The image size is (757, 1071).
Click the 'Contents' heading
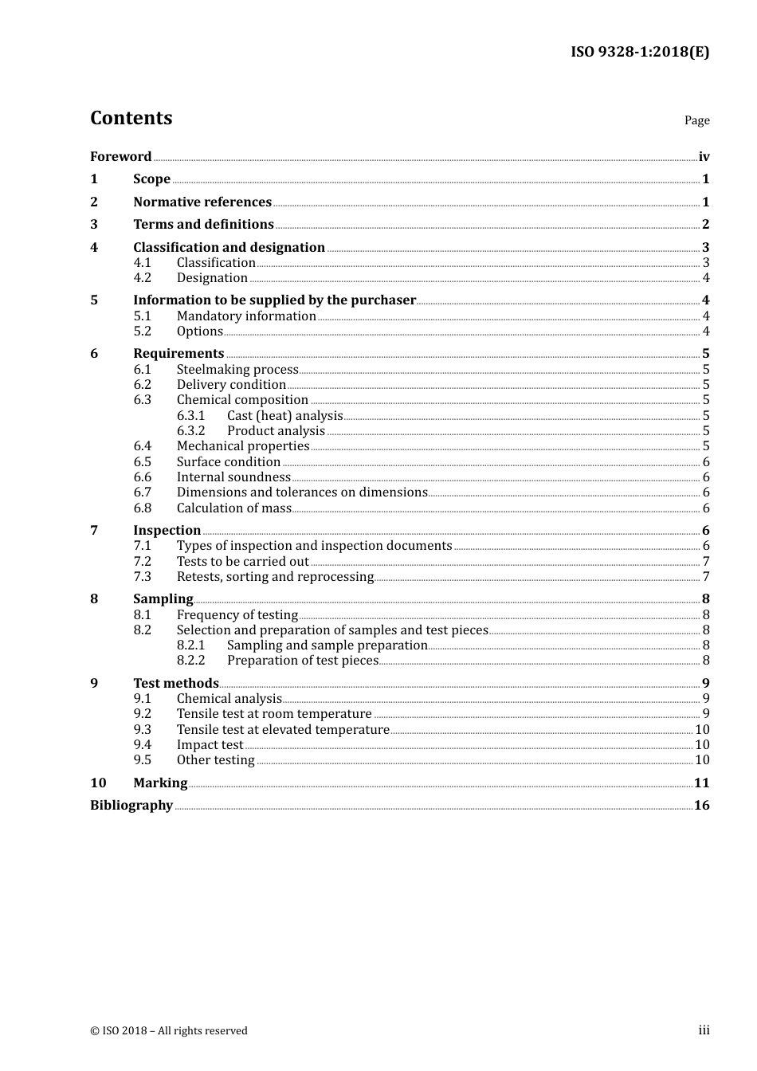click(x=131, y=118)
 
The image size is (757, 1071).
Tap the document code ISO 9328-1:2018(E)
click(x=639, y=52)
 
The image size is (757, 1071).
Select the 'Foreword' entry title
click(x=120, y=156)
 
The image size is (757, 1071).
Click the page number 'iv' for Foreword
click(x=704, y=156)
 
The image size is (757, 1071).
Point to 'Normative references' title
click(x=202, y=202)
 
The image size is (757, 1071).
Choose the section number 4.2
click(x=142, y=277)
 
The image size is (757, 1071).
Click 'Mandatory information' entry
click(x=246, y=316)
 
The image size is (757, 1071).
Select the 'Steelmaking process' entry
click(x=237, y=369)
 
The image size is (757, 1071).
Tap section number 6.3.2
click(x=190, y=430)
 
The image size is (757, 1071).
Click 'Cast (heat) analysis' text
click(x=284, y=415)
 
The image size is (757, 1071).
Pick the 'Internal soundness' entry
click(x=233, y=477)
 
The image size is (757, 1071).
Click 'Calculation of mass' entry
click(x=234, y=508)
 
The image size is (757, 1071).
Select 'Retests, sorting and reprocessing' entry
click(x=275, y=576)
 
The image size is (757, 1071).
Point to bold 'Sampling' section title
click(x=163, y=598)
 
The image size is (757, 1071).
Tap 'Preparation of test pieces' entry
click(x=302, y=660)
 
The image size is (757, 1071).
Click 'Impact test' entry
click(x=210, y=744)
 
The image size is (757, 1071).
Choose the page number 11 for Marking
click(x=701, y=783)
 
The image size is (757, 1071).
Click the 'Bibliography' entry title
click(x=131, y=805)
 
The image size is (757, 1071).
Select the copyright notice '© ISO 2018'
click(x=168, y=1030)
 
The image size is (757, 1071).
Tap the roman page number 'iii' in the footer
click(x=704, y=1030)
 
